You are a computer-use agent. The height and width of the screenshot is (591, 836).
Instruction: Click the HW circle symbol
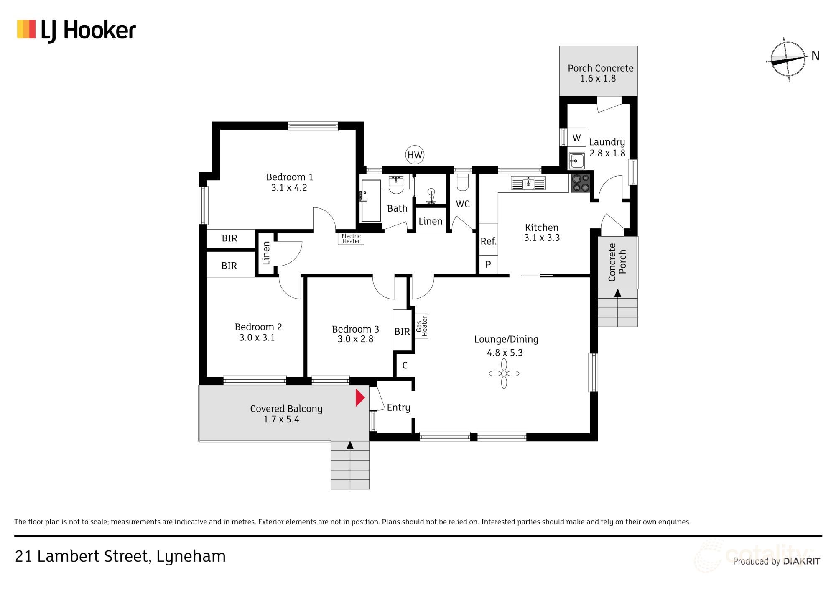(415, 155)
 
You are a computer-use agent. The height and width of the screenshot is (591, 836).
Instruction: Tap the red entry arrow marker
(359, 398)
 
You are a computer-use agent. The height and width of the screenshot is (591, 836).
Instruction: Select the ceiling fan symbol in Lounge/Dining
(504, 374)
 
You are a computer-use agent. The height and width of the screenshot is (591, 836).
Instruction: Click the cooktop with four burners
(581, 183)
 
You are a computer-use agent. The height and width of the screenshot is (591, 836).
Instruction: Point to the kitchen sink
(528, 183)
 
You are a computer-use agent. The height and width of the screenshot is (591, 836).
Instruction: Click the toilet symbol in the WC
(463, 182)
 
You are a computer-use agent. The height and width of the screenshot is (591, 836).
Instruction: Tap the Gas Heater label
(421, 326)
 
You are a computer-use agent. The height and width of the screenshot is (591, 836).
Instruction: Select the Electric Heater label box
(351, 239)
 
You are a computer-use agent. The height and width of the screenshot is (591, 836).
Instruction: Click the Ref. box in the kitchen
(488, 241)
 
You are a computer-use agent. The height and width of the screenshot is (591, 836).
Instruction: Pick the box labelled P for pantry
(488, 264)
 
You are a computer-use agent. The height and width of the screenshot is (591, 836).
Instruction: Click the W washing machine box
(576, 138)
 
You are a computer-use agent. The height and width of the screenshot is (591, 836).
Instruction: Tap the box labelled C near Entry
(405, 366)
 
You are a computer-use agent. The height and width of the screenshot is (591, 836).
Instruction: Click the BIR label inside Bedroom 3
(402, 331)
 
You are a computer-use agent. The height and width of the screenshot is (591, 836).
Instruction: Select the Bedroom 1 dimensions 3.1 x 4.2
(289, 188)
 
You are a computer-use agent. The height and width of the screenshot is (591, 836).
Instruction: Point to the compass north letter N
(815, 56)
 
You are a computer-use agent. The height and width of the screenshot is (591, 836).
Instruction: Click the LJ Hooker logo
(76, 31)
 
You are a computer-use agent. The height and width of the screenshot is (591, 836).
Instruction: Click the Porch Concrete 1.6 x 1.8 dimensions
(598, 79)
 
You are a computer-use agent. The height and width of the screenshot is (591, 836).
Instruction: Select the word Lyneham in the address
(191, 557)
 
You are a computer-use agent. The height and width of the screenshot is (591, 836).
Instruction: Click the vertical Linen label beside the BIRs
(266, 253)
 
